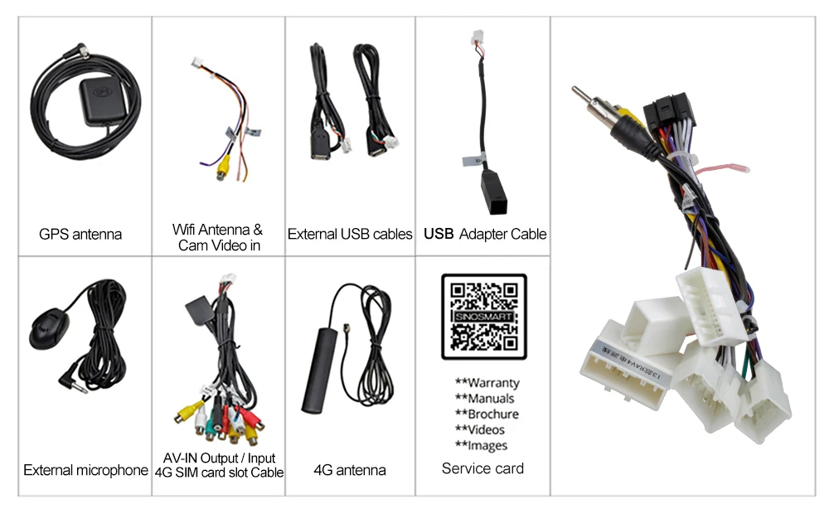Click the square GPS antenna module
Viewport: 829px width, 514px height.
click(105, 104)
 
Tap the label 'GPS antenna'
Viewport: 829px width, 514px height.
click(80, 234)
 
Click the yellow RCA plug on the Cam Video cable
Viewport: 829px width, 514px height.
click(221, 169)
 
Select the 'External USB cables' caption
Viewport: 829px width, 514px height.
click(350, 234)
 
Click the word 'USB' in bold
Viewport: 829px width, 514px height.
click(439, 234)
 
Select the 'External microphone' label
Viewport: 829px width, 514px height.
click(85, 470)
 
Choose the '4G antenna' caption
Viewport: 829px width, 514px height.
click(350, 470)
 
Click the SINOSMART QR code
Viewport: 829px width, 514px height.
click(483, 317)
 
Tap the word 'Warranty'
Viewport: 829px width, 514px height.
click(493, 383)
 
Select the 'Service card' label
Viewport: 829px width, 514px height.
click(482, 468)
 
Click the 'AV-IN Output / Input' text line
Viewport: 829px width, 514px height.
click(219, 458)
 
